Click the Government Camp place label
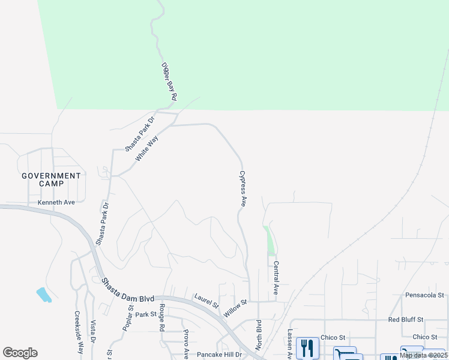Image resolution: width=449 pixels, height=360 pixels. [51, 179]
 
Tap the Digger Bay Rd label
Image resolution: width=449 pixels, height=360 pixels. [170, 82]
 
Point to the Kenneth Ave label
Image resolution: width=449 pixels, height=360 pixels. [56, 202]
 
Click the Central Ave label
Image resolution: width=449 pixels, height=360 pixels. [276, 277]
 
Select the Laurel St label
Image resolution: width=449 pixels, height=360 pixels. [206, 300]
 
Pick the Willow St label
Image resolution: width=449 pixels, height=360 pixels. [235, 309]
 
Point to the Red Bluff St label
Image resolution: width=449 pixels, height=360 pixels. [406, 320]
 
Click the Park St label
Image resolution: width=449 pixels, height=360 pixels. [145, 314]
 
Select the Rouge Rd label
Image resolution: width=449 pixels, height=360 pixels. [161, 318]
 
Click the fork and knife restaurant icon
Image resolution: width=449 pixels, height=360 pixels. [307, 348]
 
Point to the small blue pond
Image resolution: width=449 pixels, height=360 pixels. [44, 295]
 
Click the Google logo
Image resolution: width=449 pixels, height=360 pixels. [20, 353]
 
